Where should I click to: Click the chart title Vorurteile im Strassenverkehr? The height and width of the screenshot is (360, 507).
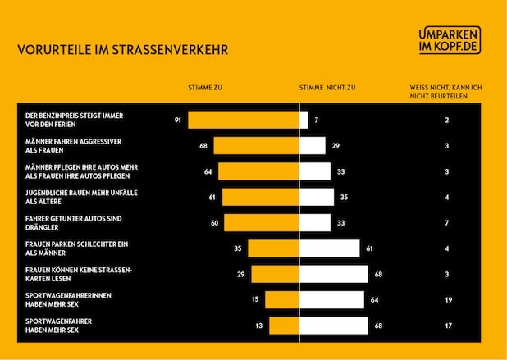[122, 50]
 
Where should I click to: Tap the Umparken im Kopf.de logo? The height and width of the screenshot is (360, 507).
[449, 40]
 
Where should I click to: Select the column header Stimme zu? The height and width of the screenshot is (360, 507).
[205, 86]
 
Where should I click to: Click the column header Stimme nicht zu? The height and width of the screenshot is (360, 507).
[327, 86]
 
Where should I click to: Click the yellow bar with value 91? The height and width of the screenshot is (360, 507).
[243, 121]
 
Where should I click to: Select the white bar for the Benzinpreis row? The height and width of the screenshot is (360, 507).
[304, 121]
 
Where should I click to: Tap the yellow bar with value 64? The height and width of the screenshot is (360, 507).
[258, 171]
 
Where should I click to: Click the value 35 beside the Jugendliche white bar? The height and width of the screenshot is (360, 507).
[345, 198]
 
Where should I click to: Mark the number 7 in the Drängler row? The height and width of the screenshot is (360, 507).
[447, 223]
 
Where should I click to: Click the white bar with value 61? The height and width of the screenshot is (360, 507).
[330, 248]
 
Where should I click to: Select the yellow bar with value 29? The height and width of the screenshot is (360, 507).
[275, 274]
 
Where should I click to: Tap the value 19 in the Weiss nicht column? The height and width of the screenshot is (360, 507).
[447, 300]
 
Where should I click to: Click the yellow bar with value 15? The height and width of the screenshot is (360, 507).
[281, 300]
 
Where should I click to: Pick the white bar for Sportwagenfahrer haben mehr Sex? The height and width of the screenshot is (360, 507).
[334, 326]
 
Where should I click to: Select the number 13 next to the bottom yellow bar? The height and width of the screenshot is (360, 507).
[259, 326]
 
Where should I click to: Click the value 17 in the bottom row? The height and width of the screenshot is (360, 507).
[447, 326]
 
